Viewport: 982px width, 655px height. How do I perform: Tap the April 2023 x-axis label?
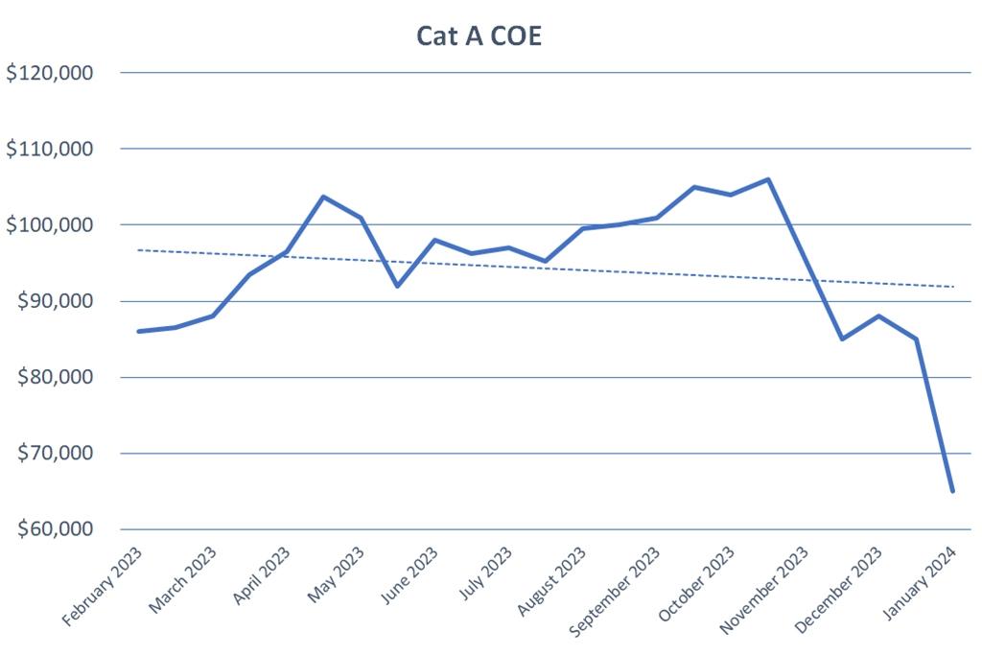tap(261, 575)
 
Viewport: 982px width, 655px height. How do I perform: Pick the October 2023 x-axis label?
tap(699, 583)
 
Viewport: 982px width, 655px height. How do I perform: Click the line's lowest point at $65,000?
tap(952, 491)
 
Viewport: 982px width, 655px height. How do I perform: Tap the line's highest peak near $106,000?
tap(768, 179)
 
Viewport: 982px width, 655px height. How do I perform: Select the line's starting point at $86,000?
tap(139, 332)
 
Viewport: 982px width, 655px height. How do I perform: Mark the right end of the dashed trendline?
tap(952, 287)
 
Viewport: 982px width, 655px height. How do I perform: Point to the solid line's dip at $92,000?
tap(397, 286)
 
